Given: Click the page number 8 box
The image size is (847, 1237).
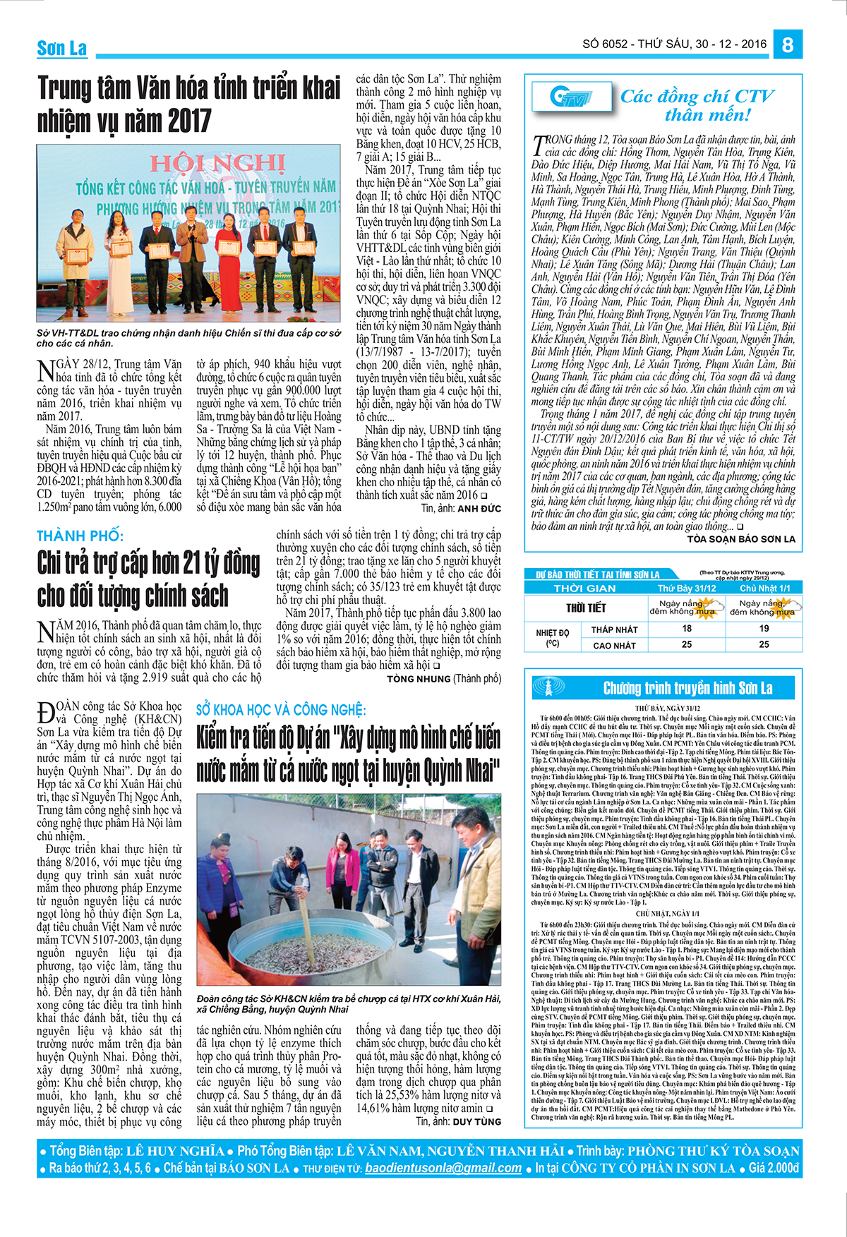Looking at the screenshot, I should click(x=788, y=44).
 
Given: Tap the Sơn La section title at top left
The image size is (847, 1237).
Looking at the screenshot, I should click(x=62, y=48).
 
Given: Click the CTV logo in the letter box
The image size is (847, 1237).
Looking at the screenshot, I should click(x=570, y=97).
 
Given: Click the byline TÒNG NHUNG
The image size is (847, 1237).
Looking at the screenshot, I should click(x=419, y=679).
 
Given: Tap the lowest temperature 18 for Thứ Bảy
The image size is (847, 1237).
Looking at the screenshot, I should click(x=687, y=628).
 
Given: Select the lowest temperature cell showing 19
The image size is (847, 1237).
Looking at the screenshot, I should click(x=764, y=628).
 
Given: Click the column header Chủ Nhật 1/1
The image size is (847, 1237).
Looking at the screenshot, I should click(x=764, y=588).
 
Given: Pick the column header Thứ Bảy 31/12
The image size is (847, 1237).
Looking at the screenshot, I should click(x=687, y=588).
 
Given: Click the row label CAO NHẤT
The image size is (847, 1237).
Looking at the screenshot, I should click(x=614, y=645).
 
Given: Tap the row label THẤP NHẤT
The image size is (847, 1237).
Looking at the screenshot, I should click(x=614, y=629).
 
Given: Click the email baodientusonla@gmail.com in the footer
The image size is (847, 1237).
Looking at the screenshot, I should click(x=443, y=1168).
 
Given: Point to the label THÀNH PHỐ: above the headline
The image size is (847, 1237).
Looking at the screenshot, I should click(x=80, y=536).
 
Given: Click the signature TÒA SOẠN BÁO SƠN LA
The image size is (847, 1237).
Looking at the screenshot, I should click(x=741, y=539).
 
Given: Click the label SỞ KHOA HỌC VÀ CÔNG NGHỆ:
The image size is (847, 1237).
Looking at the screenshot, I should click(x=281, y=710).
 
